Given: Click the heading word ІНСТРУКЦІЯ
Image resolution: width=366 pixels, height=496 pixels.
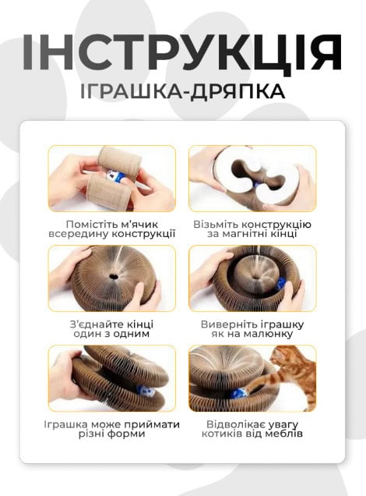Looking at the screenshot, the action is (x=182, y=52).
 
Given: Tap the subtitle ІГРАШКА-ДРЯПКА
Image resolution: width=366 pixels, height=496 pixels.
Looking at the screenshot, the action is (x=183, y=91).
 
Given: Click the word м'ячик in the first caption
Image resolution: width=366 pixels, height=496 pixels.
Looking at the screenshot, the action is (x=139, y=225).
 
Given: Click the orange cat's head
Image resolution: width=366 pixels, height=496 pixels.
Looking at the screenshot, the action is (x=282, y=356).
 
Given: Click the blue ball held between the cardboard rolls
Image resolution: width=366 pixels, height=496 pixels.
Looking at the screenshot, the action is (x=114, y=176).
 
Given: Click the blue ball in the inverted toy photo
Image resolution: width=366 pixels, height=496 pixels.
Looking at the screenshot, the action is (x=281, y=282).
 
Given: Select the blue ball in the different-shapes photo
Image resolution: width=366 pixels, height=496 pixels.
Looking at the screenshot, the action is (x=142, y=391).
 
